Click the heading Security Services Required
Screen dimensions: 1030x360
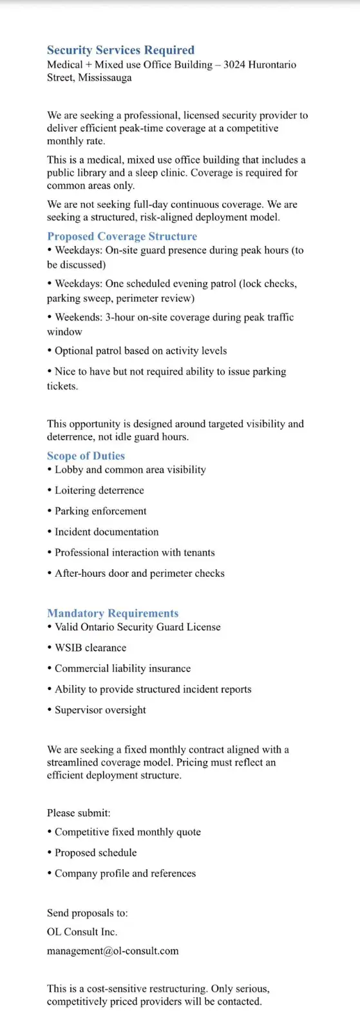120,50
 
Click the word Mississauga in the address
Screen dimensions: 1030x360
104,78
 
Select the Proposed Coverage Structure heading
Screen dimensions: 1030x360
122,236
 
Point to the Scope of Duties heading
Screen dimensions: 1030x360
86,456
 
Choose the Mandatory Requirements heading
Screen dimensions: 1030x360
113,613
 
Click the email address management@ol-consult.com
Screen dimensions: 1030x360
113,951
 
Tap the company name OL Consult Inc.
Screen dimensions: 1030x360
82,932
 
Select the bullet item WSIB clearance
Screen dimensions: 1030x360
90,648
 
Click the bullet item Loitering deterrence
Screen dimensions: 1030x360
99,491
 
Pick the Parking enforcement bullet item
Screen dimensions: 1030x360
100,511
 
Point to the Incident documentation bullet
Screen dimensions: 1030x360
106,532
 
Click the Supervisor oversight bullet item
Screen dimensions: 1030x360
100,710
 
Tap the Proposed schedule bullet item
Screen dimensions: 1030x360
95,853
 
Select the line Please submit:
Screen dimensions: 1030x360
79,813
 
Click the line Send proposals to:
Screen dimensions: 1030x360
87,913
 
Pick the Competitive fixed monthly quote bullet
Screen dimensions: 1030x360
128,832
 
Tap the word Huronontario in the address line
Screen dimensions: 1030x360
272,65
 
